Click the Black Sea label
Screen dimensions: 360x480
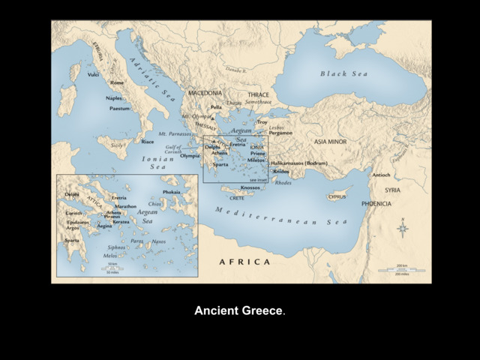click(x=345, y=73)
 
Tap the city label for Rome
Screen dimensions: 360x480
click(x=117, y=82)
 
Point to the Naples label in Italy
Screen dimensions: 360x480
click(x=114, y=97)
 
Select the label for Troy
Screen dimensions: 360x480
click(x=262, y=121)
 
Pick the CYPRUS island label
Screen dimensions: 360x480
click(x=337, y=197)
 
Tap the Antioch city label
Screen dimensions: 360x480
click(x=381, y=175)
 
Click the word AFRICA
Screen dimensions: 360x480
click(x=244, y=262)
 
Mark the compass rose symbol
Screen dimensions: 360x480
click(x=403, y=227)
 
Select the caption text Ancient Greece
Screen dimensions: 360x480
click(x=239, y=310)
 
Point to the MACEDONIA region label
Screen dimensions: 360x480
click(x=205, y=93)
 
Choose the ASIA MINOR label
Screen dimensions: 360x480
click(x=330, y=141)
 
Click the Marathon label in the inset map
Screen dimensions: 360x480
click(x=125, y=205)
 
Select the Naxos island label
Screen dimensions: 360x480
click(x=159, y=241)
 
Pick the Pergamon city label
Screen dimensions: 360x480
click(x=281, y=133)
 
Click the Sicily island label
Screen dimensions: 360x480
click(x=116, y=145)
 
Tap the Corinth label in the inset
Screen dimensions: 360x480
click(x=74, y=212)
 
